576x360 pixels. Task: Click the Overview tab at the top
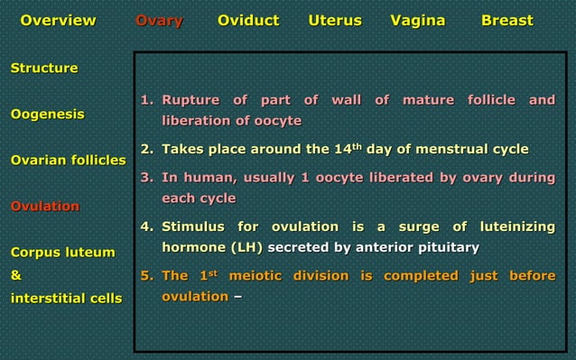pos(58,21)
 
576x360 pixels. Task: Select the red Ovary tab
pos(159,21)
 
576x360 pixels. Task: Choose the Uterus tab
pos(335,21)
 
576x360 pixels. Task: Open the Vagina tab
pos(417,21)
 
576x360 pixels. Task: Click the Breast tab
pos(506,21)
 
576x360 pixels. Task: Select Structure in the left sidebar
pos(43,69)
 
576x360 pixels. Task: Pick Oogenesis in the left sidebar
pos(48,115)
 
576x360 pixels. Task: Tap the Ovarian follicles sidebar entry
pos(68,161)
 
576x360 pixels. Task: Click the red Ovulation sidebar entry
pos(44,207)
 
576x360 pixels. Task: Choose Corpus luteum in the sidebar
pos(62,253)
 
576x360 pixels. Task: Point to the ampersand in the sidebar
pos(15,275)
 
